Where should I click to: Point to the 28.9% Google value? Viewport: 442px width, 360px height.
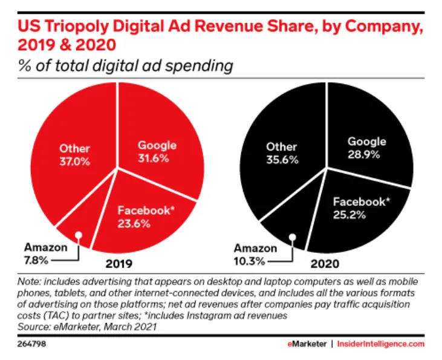(x=366, y=155)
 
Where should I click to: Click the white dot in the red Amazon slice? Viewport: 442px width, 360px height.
(x=78, y=235)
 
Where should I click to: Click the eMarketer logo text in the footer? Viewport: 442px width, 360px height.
(x=308, y=344)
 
